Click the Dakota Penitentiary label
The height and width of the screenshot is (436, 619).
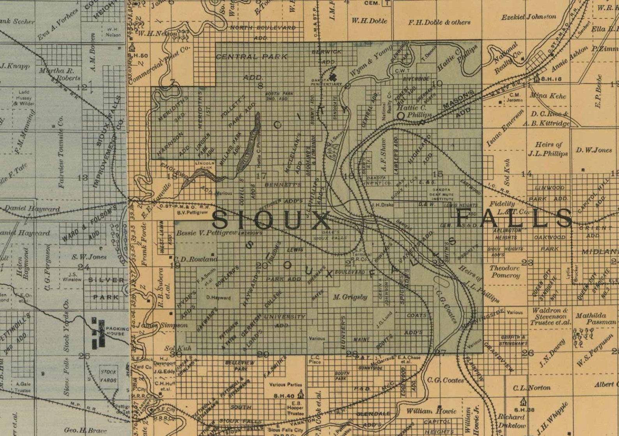(x=327, y=81)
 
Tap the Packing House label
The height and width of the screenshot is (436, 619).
(x=116, y=331)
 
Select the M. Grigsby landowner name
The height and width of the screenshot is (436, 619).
(x=350, y=297)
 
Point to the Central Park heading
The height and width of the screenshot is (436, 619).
(x=252, y=57)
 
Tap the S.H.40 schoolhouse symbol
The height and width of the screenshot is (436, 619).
(x=300, y=395)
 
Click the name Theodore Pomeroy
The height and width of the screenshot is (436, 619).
(x=505, y=272)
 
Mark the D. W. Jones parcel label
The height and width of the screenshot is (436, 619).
(x=594, y=150)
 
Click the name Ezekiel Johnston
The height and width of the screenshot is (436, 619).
(x=529, y=17)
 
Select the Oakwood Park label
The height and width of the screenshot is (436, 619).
(x=550, y=242)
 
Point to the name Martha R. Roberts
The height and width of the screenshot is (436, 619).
(x=60, y=74)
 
